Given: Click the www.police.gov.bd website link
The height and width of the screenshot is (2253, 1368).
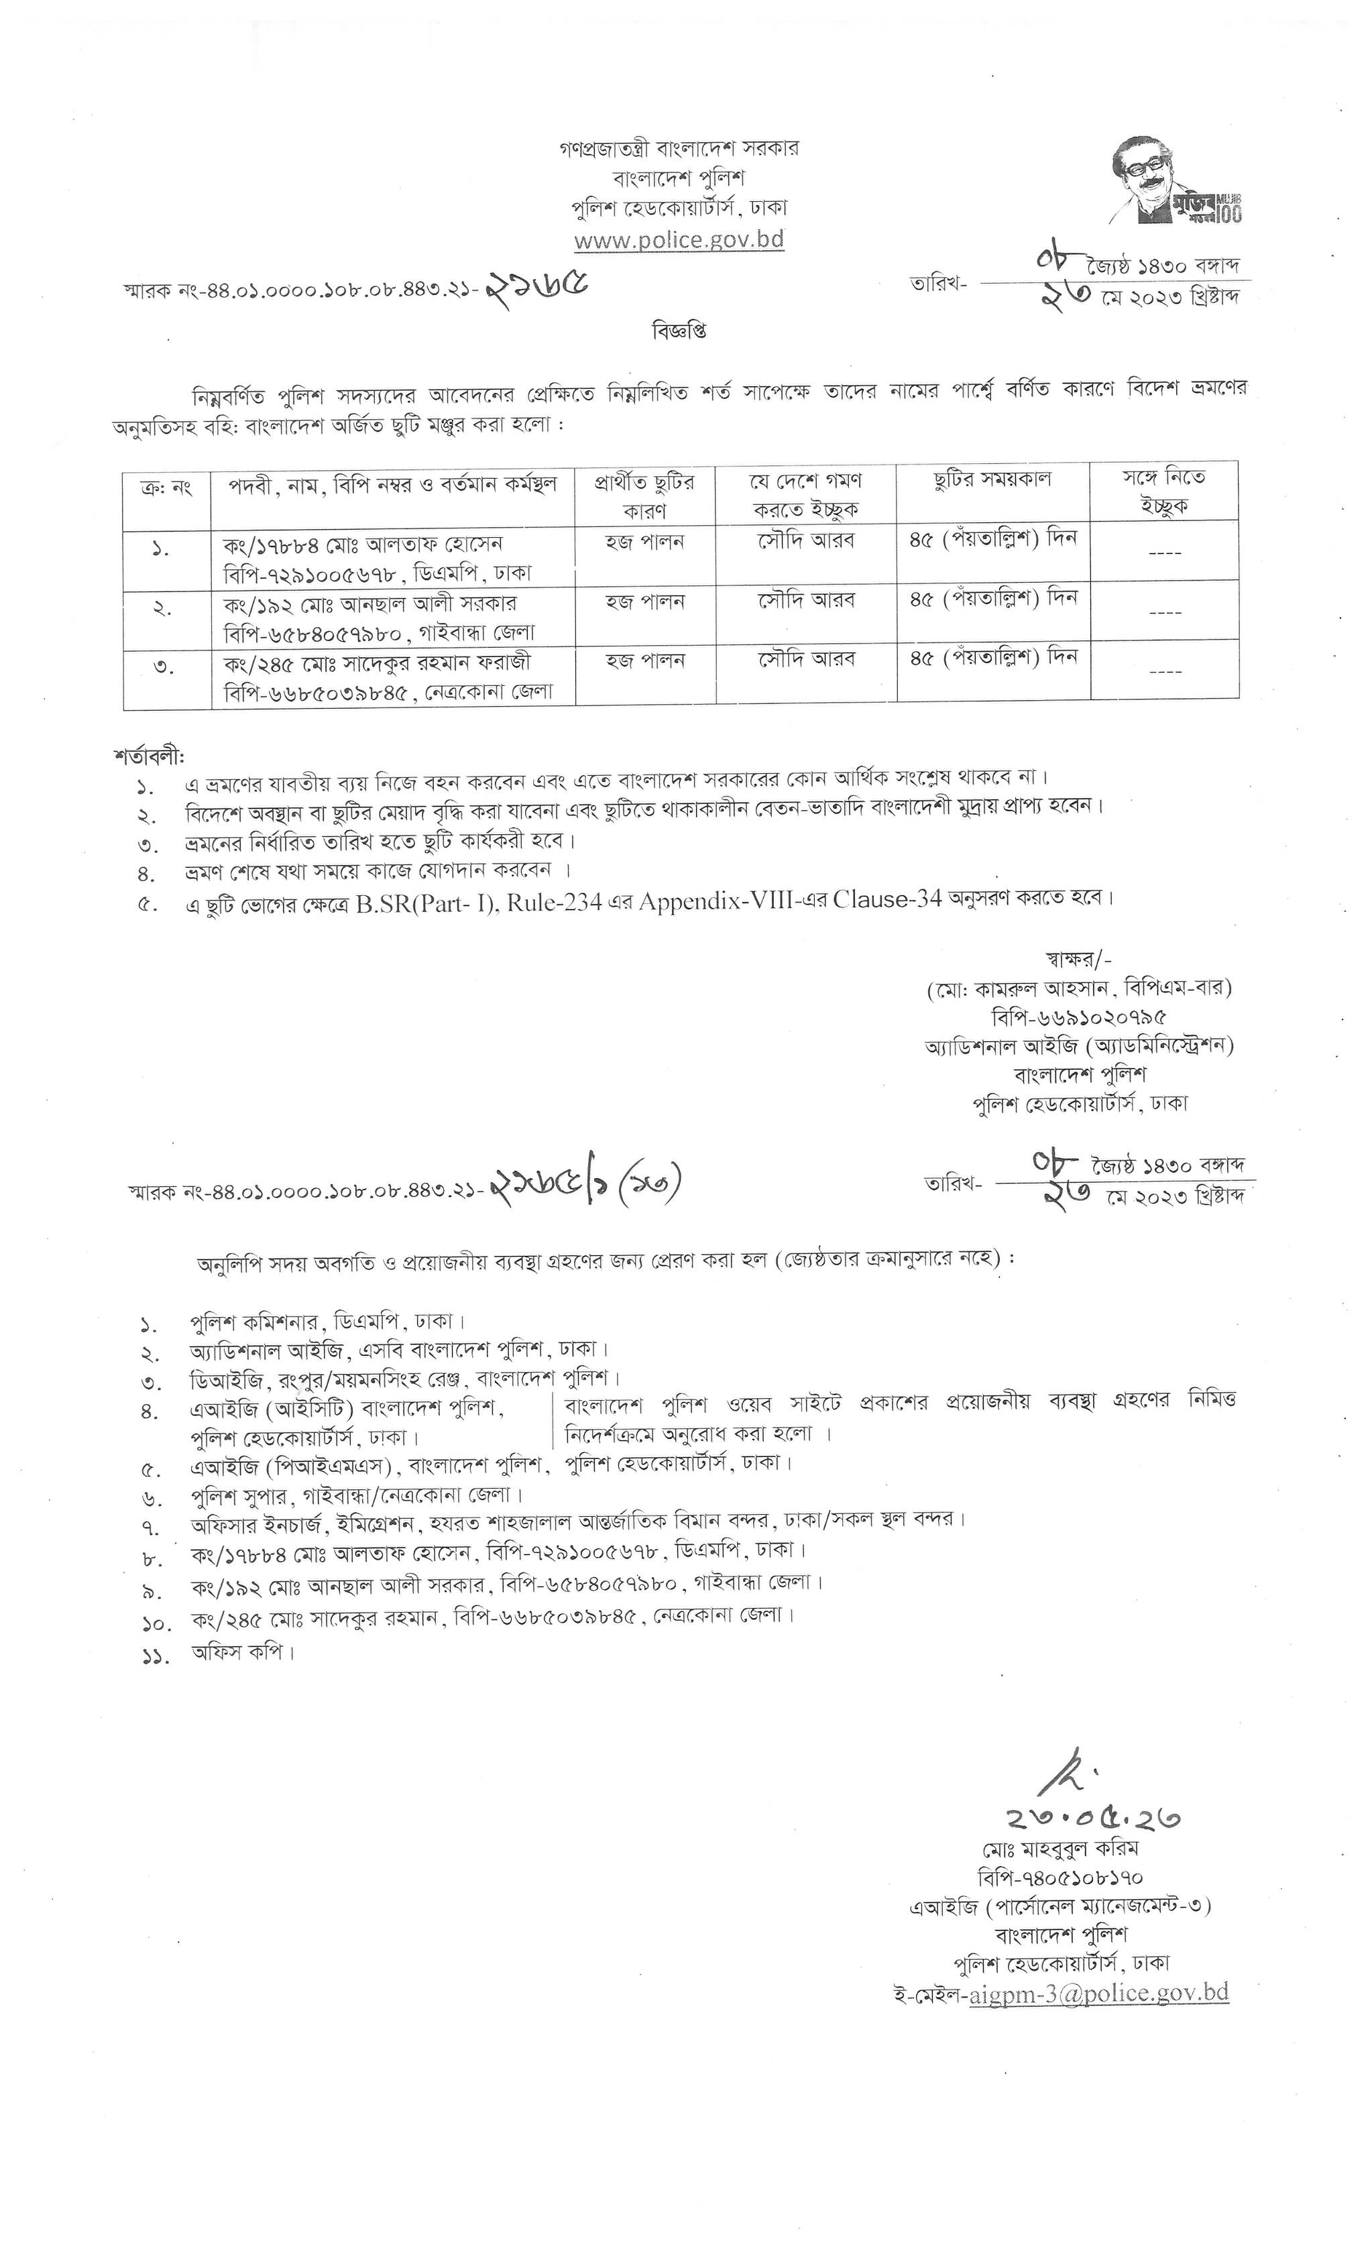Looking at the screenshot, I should pyautogui.click(x=679, y=241).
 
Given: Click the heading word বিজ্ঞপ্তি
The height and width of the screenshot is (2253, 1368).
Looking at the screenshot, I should pyautogui.click(x=679, y=330).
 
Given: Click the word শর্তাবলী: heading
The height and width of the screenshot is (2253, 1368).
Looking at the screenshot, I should pyautogui.click(x=149, y=757).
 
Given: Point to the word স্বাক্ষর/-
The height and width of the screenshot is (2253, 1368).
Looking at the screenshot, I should pyautogui.click(x=1079, y=959).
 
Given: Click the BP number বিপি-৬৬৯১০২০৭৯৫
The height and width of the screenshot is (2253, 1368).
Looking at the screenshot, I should pyautogui.click(x=1079, y=1017).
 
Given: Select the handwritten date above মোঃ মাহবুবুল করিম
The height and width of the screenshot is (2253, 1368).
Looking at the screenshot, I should pyautogui.click(x=1093, y=1818).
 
